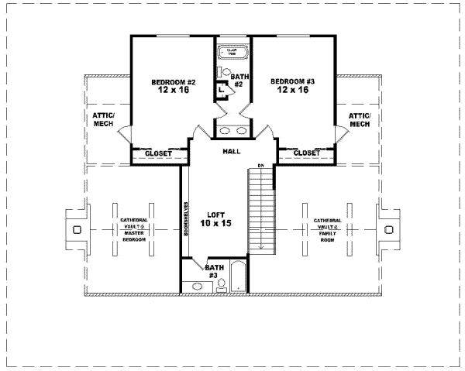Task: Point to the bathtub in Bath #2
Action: pos(232,53)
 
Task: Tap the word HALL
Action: pos(231,151)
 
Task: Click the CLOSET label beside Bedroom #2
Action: pos(159,153)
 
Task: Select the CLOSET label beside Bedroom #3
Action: pos(306,153)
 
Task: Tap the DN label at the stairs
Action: pos(262,167)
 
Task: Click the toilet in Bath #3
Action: pos(221,284)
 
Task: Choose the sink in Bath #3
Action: pos(197,286)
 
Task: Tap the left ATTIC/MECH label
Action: pos(103,119)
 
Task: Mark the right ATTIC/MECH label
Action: pos(360,119)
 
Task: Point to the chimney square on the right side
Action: pos(389,230)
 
